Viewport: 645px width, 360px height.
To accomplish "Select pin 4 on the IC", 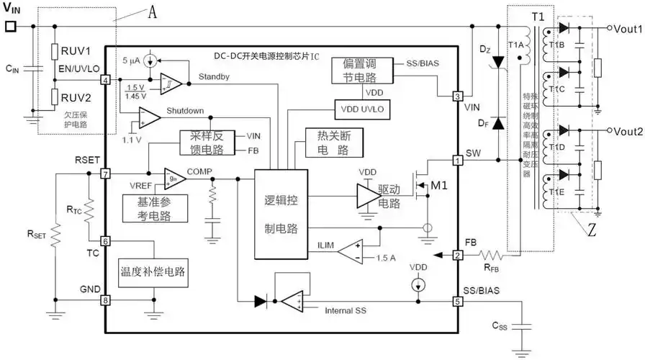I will (106, 80).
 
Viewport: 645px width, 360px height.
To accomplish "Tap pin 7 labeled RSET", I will (106, 174).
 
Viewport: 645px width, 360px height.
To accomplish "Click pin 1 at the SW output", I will (457, 160).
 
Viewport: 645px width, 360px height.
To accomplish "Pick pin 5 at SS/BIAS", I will (457, 301).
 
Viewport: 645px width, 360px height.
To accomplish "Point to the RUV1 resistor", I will (55, 51).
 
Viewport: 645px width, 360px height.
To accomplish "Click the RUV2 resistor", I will (55, 96).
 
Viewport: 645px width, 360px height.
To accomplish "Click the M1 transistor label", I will (438, 186).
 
